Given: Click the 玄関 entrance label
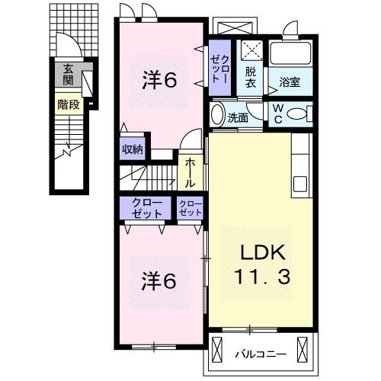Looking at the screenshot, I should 67,73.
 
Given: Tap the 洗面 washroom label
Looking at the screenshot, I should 239,117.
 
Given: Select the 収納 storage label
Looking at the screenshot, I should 132,149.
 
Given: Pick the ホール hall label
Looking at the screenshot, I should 189,174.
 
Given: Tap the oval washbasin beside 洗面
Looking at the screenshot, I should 217,117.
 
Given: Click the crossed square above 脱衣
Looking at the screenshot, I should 251,50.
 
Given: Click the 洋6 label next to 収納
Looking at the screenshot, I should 162,79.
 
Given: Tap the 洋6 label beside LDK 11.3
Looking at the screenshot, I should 161,280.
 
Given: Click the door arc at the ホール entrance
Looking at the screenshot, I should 193,142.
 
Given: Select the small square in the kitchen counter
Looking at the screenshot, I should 299,184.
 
